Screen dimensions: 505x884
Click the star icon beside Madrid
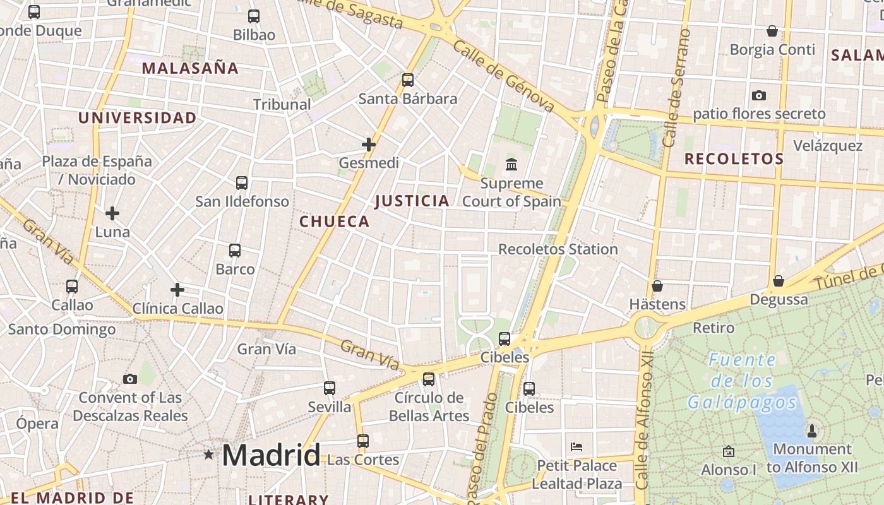[x=208, y=454]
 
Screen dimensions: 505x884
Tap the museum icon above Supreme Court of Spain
[x=511, y=165]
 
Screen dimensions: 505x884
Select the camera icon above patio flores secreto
[x=759, y=96]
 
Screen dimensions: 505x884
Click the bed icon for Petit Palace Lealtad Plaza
[x=576, y=447]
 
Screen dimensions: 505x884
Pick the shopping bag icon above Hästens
[x=657, y=286]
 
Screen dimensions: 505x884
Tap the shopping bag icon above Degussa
[x=779, y=281]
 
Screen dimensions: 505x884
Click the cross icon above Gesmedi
[x=369, y=145]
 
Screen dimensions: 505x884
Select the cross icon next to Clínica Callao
[x=177, y=290]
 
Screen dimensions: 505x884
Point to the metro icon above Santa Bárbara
[x=408, y=80]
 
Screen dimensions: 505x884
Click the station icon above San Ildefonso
[x=242, y=183]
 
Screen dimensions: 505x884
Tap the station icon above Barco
[x=235, y=251]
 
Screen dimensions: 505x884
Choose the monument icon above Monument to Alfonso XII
[x=812, y=431]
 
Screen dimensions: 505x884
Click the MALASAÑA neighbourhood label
[x=190, y=68]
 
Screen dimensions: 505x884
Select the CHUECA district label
[x=334, y=222]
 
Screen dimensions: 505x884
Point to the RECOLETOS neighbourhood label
[x=734, y=159]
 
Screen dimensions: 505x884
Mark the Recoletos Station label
[x=558, y=249]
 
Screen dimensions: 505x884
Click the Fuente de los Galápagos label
[x=743, y=381]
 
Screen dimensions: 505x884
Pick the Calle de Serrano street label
[x=677, y=88]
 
